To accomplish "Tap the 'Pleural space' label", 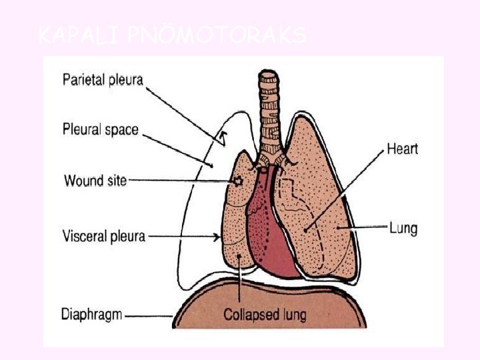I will (x=100, y=129).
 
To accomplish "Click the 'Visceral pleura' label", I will (x=103, y=235).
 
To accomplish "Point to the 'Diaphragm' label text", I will (x=91, y=313).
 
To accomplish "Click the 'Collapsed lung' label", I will (x=265, y=313).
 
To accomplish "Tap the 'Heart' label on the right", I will (x=402, y=149).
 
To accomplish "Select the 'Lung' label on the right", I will (x=403, y=228).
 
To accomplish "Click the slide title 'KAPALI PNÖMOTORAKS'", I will (x=172, y=35).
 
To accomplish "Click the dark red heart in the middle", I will (x=273, y=233).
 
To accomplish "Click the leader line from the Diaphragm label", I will (x=150, y=315).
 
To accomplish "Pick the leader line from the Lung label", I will (x=363, y=228).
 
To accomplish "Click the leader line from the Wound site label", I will (x=180, y=180).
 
